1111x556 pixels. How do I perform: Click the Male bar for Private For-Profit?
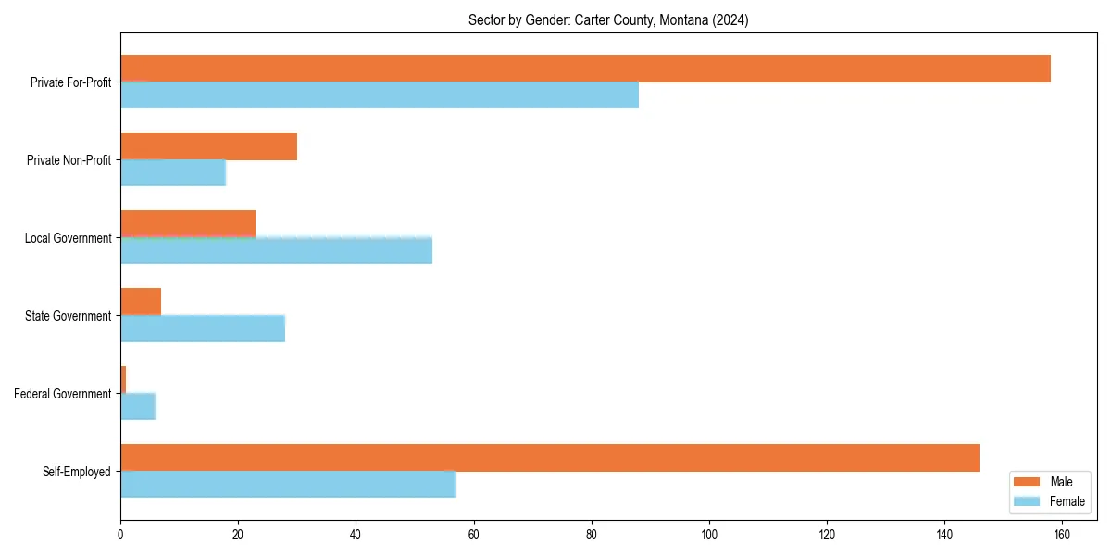[585, 69]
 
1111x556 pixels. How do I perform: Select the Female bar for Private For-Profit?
[380, 95]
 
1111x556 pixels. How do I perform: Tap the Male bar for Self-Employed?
[550, 458]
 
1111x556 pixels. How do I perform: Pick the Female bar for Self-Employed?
[288, 484]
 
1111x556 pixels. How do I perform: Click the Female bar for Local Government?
[276, 251]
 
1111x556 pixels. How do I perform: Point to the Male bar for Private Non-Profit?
[208, 146]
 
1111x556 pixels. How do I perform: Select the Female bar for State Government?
[203, 329]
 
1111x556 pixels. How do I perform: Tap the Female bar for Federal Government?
[138, 407]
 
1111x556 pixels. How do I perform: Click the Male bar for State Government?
[141, 302]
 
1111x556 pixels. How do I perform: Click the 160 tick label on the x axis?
[1062, 535]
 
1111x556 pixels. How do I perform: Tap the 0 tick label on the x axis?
[120, 535]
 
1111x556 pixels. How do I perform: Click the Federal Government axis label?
[63, 394]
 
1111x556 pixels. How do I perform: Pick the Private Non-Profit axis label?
[69, 160]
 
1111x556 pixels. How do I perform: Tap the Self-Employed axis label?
[77, 472]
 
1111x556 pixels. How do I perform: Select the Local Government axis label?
[69, 238]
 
